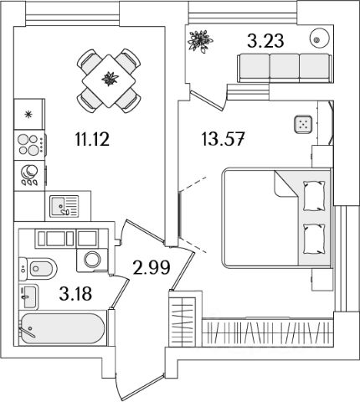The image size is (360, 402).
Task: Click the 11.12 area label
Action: [x=92, y=139]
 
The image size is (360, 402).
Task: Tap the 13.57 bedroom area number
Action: [x=223, y=139]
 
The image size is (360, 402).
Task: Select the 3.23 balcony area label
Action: [x=265, y=41]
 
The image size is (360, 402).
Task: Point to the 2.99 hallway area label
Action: [x=152, y=268]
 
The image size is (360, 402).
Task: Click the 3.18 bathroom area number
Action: [x=75, y=294]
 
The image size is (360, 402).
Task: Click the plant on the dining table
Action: [x=110, y=79]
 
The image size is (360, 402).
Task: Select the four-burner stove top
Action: [x=30, y=145]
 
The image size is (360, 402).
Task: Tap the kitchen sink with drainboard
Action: [x=64, y=206]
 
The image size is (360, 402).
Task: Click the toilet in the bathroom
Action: [x=38, y=269]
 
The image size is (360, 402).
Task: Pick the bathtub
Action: [x=63, y=328]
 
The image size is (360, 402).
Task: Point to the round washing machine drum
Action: [x=92, y=260]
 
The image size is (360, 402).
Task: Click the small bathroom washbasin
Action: [x=28, y=296]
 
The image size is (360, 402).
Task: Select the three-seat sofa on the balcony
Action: [x=285, y=69]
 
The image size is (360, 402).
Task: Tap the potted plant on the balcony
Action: [x=200, y=41]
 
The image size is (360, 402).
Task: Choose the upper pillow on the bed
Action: [x=314, y=196]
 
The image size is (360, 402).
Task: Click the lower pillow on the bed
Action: [x=314, y=239]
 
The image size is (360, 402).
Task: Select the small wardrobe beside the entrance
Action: [x=183, y=318]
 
